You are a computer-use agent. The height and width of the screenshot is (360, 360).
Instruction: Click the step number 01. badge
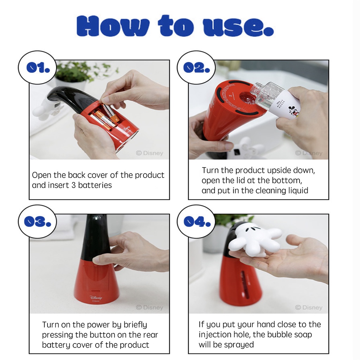click(x=37, y=67)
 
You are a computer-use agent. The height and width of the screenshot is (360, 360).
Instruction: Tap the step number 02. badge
click(x=196, y=67)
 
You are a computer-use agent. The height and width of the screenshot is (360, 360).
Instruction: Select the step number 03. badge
click(x=37, y=221)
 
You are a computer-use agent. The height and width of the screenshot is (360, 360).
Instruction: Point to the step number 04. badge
click(x=196, y=221)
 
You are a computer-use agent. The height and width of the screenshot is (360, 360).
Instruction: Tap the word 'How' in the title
click(x=113, y=26)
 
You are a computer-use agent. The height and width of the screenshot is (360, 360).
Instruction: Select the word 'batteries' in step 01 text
click(x=95, y=185)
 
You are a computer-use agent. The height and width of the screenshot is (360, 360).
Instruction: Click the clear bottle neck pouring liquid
click(x=255, y=91)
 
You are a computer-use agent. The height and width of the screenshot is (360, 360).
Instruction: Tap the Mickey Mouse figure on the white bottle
click(x=292, y=111)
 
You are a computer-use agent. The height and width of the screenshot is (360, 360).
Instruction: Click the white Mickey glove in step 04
click(x=256, y=240)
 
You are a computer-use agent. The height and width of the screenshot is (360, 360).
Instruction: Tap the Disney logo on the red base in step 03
click(x=96, y=297)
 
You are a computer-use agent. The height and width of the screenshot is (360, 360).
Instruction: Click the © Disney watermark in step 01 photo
click(x=149, y=153)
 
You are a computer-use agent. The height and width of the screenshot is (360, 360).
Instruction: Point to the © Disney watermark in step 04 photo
click(x=309, y=307)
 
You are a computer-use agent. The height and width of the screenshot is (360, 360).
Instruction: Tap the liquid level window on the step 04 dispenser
click(x=245, y=285)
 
